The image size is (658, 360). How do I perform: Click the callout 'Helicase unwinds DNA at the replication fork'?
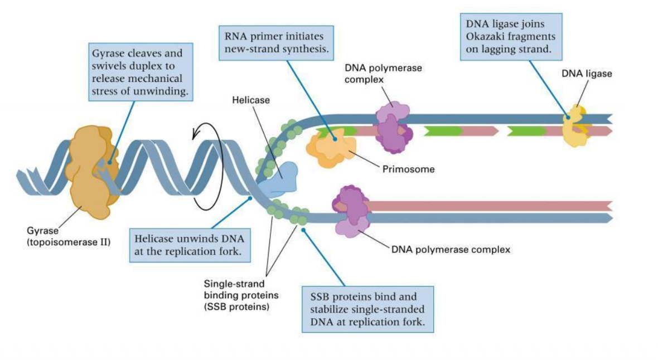click(x=189, y=245)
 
